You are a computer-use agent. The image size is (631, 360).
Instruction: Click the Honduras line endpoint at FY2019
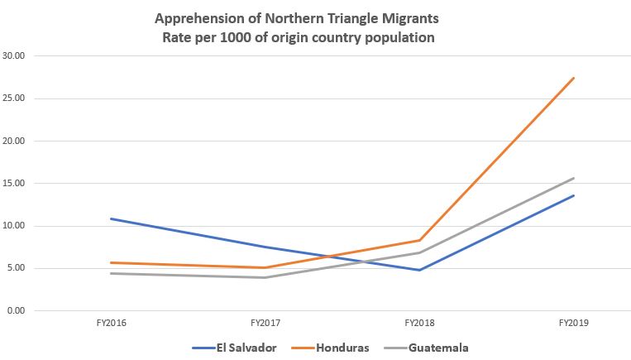(574, 78)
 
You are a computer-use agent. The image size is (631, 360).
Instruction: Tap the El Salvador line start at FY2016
(111, 218)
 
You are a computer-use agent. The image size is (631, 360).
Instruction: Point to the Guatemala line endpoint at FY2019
(574, 178)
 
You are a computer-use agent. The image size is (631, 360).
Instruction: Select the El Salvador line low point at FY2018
(420, 270)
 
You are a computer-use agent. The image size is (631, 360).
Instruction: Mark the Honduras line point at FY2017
(265, 267)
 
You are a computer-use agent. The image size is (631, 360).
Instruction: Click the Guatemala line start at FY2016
(111, 273)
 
